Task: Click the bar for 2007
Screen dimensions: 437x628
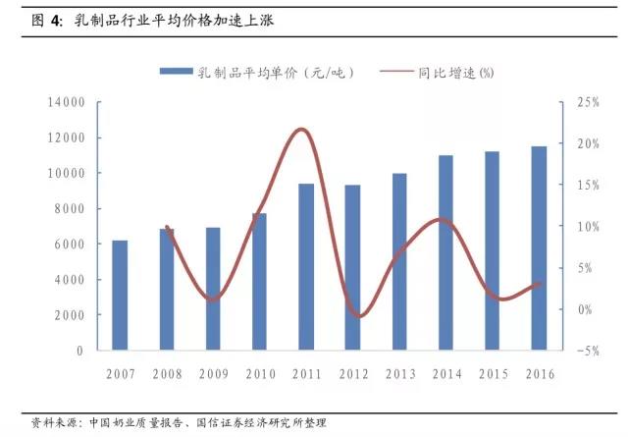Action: (x=120, y=295)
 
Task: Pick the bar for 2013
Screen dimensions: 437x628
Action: (x=399, y=261)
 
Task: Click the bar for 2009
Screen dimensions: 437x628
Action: (x=213, y=289)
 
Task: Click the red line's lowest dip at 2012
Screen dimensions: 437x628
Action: (x=359, y=316)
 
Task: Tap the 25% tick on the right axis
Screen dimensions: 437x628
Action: (x=588, y=102)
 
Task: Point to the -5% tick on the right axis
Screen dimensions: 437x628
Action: (x=588, y=351)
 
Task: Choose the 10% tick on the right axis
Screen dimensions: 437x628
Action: (x=588, y=227)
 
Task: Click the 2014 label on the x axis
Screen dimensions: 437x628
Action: (x=445, y=374)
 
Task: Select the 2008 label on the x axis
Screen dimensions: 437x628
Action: (x=166, y=374)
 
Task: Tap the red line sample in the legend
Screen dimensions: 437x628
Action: (x=392, y=73)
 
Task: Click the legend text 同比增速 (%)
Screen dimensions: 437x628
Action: (x=455, y=73)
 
